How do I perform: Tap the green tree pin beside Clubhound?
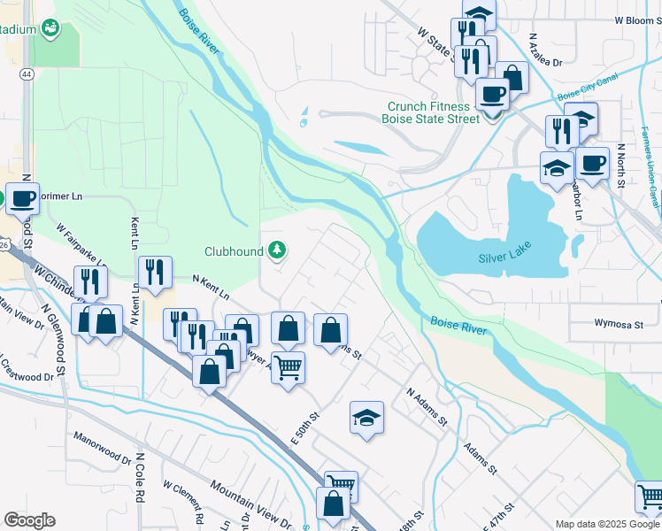278,251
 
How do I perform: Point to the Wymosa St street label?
618,325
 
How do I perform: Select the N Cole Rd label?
140,478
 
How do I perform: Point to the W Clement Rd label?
184,501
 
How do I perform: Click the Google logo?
29,520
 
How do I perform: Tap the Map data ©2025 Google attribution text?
607,524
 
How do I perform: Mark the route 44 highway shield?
27,76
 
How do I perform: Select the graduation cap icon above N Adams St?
366,417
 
